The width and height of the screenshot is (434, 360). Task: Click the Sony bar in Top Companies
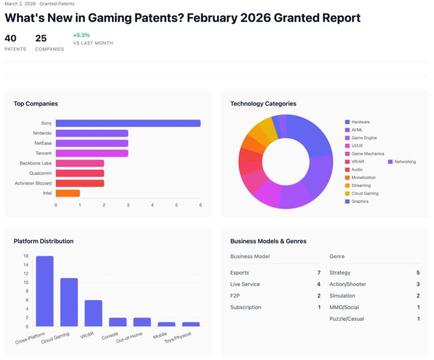point(128,123)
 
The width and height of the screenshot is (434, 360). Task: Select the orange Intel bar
point(68,193)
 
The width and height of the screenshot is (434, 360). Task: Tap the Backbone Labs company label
point(36,163)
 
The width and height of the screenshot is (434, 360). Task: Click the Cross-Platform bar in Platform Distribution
point(44,291)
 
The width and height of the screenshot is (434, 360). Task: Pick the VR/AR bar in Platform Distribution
point(93,313)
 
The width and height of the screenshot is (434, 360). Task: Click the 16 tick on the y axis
point(26,256)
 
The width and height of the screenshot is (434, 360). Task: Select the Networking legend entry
point(405,162)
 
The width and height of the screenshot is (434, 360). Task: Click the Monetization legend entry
point(363,177)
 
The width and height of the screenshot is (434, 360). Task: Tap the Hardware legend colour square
point(347,122)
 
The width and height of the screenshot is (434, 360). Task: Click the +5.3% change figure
point(81,35)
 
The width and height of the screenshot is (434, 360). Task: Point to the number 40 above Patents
point(10,38)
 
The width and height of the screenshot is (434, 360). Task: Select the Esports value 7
point(318,273)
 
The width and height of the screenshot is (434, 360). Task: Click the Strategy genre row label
point(340,273)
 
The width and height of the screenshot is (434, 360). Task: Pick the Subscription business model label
point(246,307)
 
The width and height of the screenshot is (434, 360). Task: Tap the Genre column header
point(336,256)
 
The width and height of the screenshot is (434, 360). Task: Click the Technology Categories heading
point(263,104)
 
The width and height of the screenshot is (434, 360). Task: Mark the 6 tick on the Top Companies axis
point(201,205)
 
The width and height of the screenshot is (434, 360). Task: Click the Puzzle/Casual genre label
point(347,319)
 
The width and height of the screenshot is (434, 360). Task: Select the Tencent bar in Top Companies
point(92,153)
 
